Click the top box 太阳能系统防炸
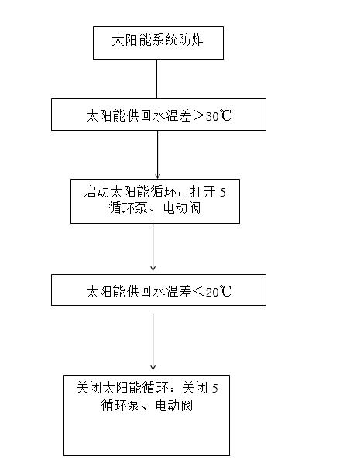coord(158,43)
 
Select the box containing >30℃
coord(159,115)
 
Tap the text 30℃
coord(218,115)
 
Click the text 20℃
coord(218,291)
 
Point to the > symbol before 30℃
coord(198,115)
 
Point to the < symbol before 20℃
coord(198,291)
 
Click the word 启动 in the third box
coord(96,192)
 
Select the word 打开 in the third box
coord(203,192)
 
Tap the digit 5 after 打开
coord(223,193)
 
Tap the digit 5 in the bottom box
coord(215,389)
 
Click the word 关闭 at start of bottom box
coord(88,387)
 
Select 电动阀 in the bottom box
coord(174,405)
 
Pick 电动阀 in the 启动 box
coord(182,208)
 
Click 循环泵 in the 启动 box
coord(128,208)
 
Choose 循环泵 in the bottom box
coord(120,405)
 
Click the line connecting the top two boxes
coord(157,79)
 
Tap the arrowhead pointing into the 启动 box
coord(157,177)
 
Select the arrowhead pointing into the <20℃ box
coord(153,268)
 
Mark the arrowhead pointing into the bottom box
coord(153,367)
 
